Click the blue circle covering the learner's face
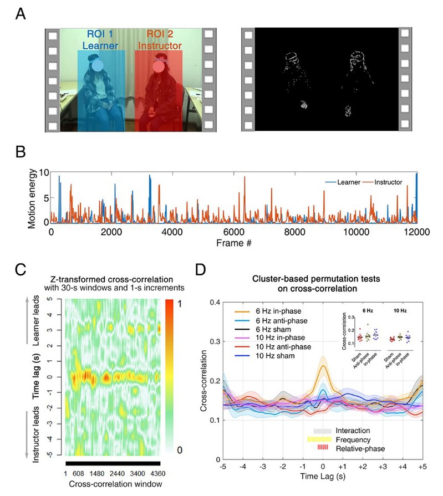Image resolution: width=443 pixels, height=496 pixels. [x=98, y=67]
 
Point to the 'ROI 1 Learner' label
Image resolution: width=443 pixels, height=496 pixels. [x=99, y=38]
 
